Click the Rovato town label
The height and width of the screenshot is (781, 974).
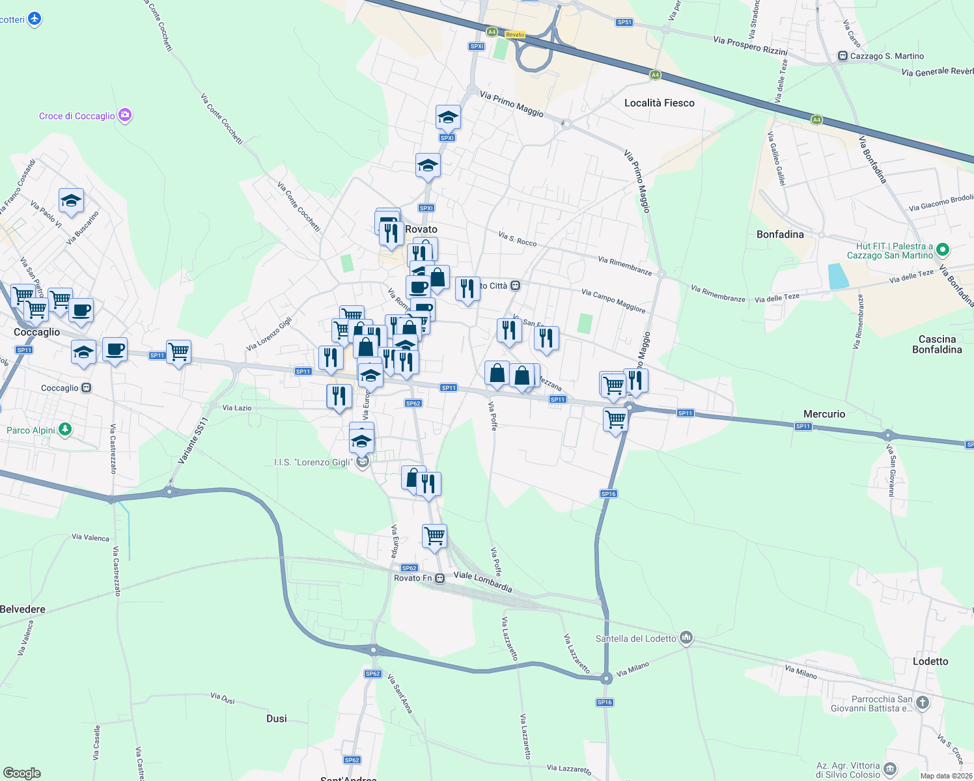(x=421, y=229)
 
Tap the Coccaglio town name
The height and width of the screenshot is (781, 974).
(x=36, y=332)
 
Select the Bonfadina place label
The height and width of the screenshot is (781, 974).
(x=780, y=234)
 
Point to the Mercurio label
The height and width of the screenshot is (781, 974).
(x=824, y=414)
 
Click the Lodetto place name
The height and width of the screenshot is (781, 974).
(x=930, y=661)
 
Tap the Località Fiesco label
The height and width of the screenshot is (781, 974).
(x=659, y=103)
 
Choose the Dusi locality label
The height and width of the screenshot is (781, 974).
(x=277, y=719)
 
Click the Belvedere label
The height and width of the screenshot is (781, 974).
(x=23, y=609)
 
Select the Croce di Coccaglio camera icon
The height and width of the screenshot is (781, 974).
(x=125, y=116)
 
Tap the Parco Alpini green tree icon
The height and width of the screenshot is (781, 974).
(x=64, y=430)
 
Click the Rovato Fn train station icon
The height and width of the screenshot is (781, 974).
(x=441, y=578)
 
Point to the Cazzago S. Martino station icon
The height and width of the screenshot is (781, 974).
(x=842, y=56)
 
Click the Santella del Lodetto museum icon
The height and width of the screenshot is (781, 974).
(x=686, y=638)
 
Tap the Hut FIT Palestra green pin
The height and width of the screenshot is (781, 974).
(x=943, y=250)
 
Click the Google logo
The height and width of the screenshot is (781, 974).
(x=22, y=773)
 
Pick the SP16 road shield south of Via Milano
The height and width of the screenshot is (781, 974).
(x=604, y=702)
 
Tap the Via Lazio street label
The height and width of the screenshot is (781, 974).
(x=237, y=408)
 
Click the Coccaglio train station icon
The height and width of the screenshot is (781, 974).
(x=86, y=388)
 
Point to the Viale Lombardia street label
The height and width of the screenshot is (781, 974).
(x=482, y=581)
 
